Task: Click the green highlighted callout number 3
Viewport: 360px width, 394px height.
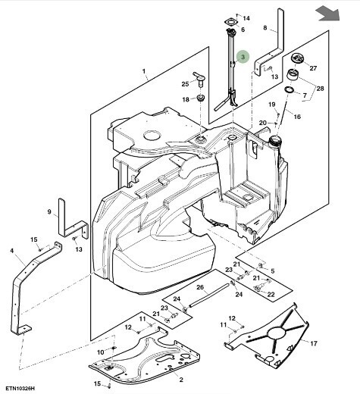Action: click(x=243, y=57)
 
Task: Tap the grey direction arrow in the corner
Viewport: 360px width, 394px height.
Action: click(x=328, y=14)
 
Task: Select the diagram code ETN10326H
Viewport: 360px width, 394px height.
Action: click(x=20, y=388)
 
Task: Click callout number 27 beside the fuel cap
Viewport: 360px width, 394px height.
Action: click(x=313, y=68)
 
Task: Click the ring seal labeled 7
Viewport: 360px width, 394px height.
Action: click(x=290, y=89)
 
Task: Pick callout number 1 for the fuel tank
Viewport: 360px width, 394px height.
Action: click(x=144, y=71)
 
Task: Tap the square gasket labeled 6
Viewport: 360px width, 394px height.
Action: click(x=231, y=22)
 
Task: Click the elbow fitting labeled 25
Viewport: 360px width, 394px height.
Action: click(x=199, y=79)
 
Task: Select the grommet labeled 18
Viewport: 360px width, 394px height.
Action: click(x=201, y=98)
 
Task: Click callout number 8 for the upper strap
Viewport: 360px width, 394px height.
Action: click(x=265, y=27)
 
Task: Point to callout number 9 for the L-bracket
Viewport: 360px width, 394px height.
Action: click(x=49, y=211)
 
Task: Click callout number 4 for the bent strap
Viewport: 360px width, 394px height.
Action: click(x=11, y=251)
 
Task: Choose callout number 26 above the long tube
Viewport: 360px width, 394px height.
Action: click(x=200, y=287)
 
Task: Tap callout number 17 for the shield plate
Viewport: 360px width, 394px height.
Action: click(x=314, y=343)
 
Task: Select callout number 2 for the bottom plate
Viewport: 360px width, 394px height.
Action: click(x=181, y=380)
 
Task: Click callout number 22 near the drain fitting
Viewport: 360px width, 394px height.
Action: click(x=271, y=295)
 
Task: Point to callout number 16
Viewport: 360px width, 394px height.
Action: click(x=297, y=117)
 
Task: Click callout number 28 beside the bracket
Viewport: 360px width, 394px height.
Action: click(x=320, y=89)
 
